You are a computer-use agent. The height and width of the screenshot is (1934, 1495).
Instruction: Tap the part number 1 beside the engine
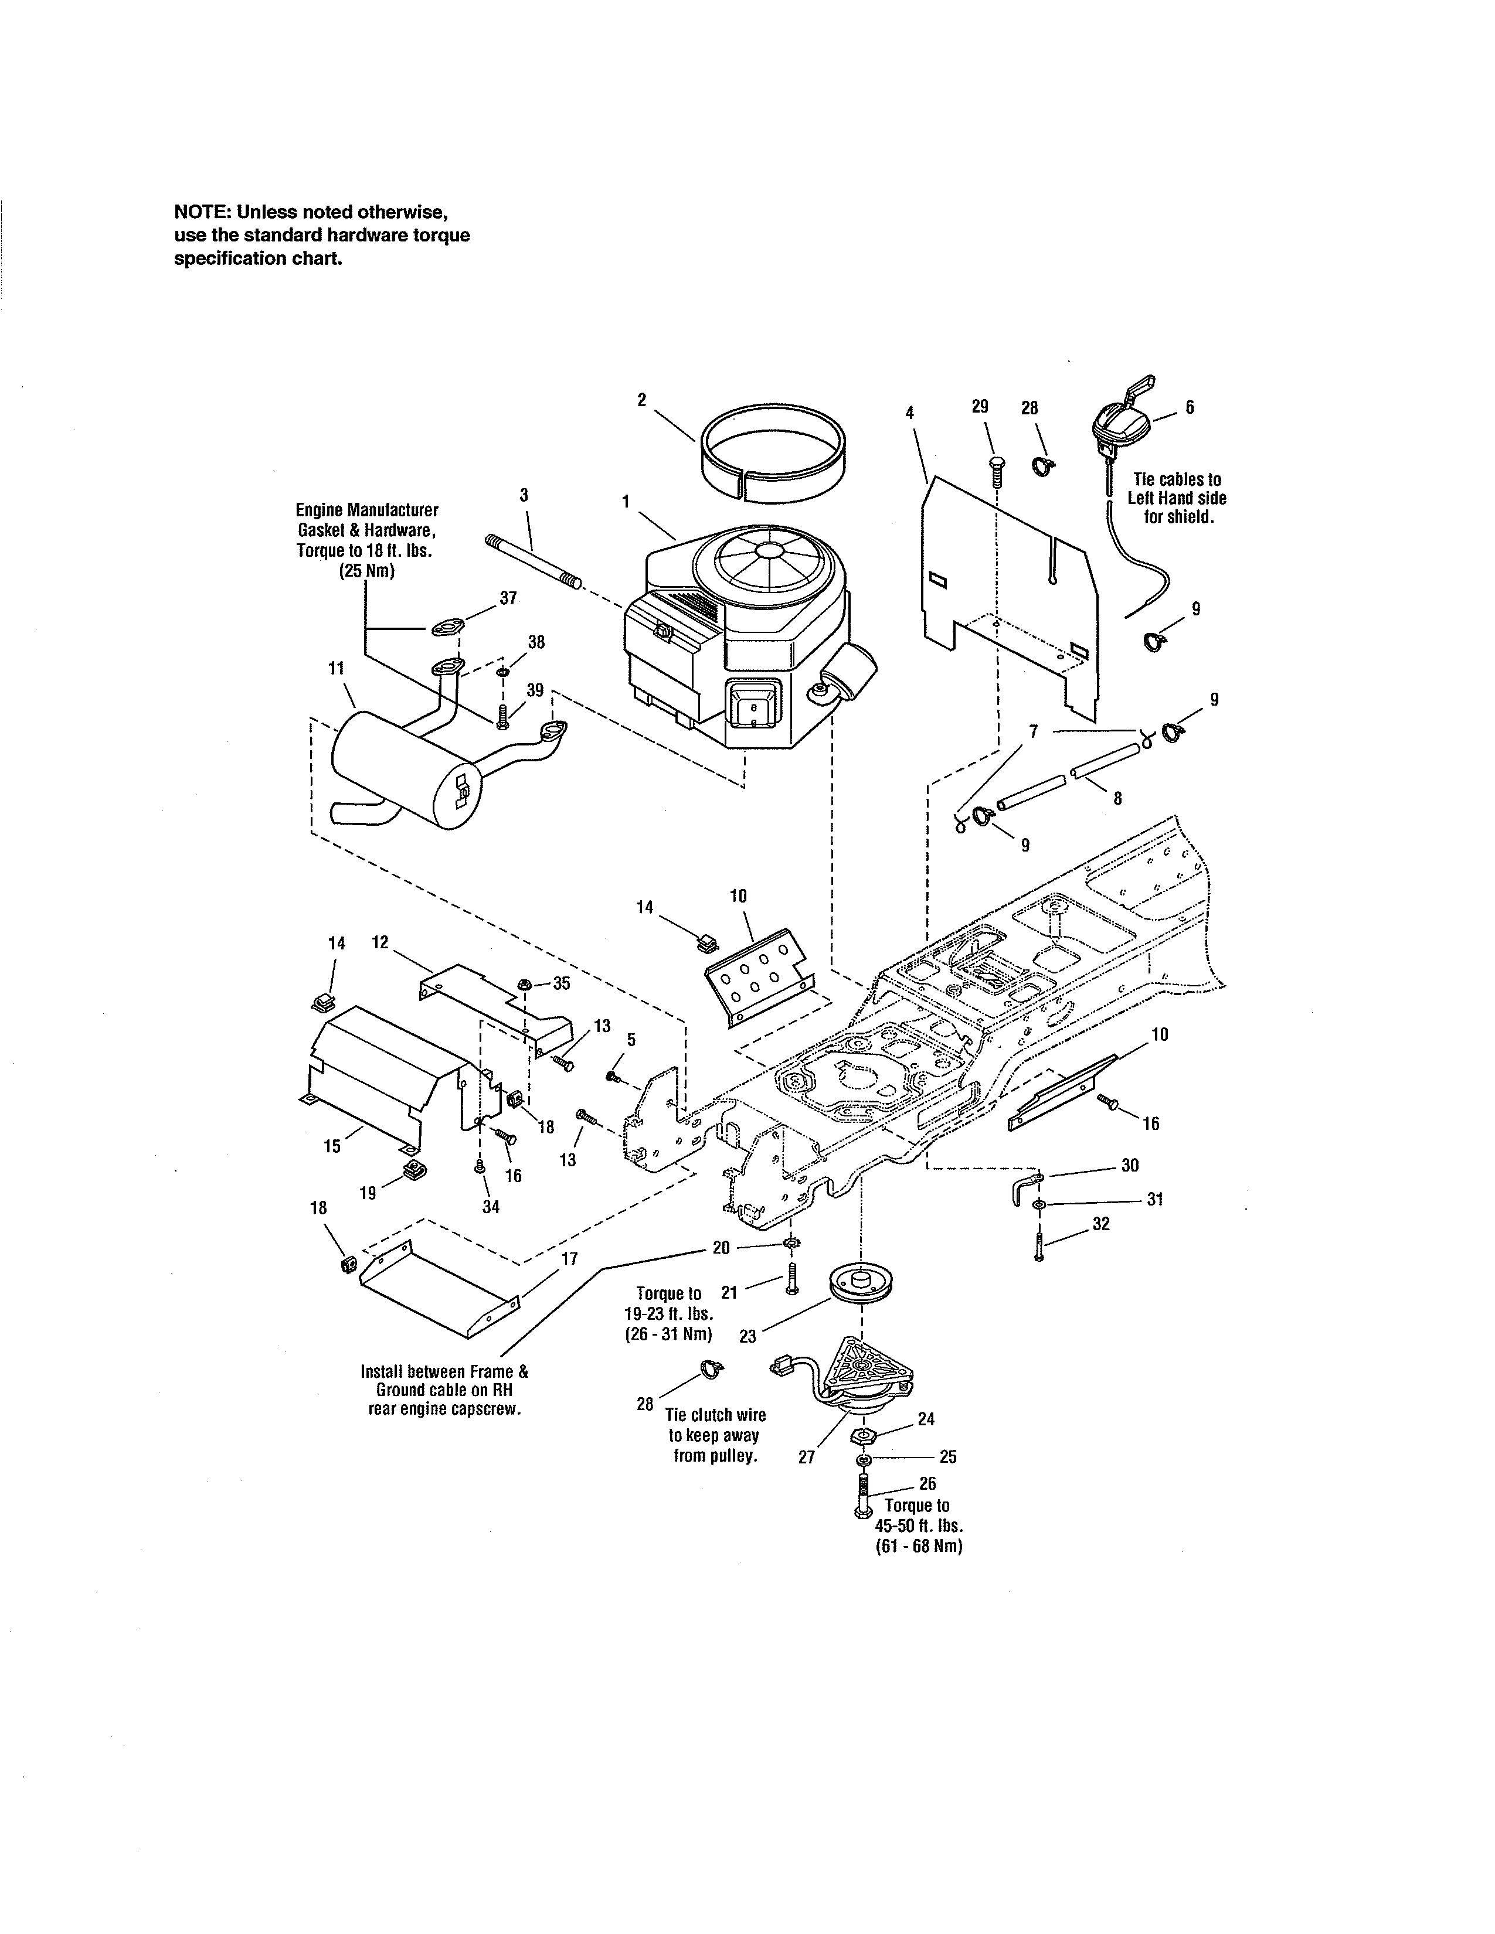(626, 501)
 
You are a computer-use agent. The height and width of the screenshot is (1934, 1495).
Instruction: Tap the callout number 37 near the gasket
(508, 598)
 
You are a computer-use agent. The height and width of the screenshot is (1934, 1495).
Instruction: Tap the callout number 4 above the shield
(909, 412)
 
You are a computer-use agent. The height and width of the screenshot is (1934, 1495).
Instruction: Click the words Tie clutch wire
(716, 1415)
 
